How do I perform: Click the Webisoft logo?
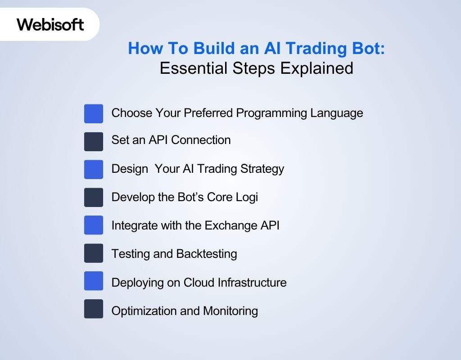pos(50,24)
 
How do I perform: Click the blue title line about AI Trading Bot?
pos(256,49)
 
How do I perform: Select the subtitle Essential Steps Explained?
pos(256,68)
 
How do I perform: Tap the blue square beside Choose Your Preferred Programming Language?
pos(94,113)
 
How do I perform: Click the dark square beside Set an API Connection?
pos(94,141)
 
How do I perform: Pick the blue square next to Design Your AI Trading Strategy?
pos(94,169)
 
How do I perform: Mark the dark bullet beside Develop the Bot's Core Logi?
pos(94,197)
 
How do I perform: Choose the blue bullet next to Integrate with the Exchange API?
pos(94,225)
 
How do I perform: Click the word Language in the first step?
pos(336,113)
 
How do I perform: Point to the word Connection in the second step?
pos(201,140)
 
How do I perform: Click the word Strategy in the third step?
pos(262,169)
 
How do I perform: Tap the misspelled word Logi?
pos(246,197)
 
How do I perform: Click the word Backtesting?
pos(206,254)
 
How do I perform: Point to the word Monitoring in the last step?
pos(230,310)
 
